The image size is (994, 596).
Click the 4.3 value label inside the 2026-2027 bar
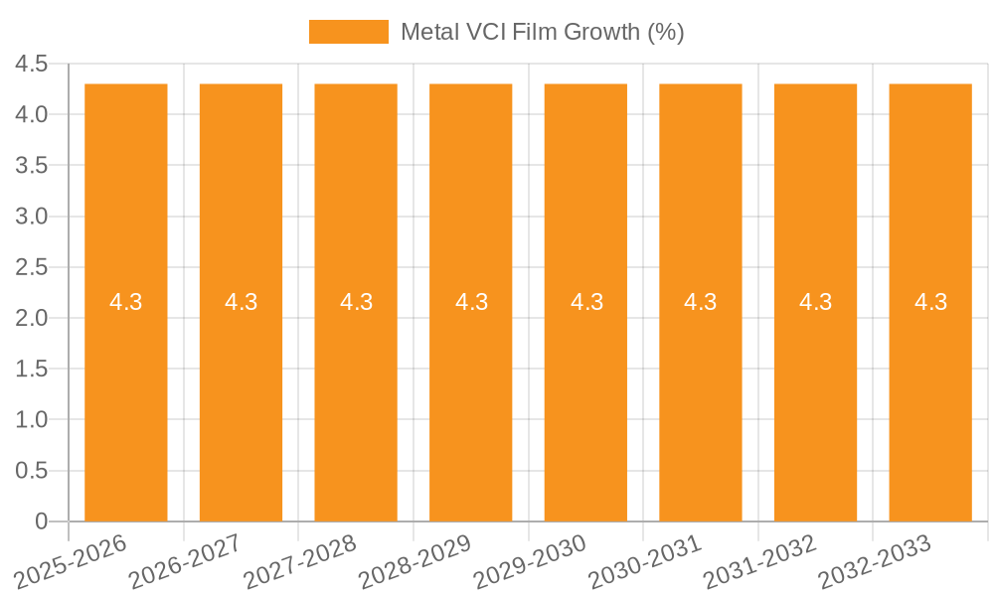click(x=241, y=302)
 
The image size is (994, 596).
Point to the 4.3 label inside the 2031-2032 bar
click(x=815, y=302)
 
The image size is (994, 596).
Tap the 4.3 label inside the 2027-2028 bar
click(x=356, y=302)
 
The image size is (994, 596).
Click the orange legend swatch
click(x=348, y=32)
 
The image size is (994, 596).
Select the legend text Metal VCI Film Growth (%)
click(x=542, y=32)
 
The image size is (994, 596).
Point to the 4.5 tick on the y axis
click(x=32, y=65)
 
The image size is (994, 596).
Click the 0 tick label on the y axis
click(x=41, y=521)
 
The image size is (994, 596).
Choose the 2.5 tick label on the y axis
click(x=32, y=267)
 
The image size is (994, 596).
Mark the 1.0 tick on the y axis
click(x=32, y=420)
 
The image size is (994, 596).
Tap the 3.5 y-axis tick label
click(x=32, y=166)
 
